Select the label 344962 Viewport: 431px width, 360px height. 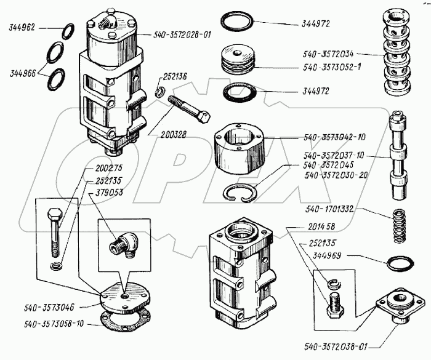pyautogui.click(x=22, y=28)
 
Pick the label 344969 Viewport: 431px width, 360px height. pyautogui.click(x=330, y=255)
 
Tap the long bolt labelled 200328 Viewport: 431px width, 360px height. pyautogui.click(x=188, y=108)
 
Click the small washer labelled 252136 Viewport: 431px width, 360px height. pyautogui.click(x=158, y=93)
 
